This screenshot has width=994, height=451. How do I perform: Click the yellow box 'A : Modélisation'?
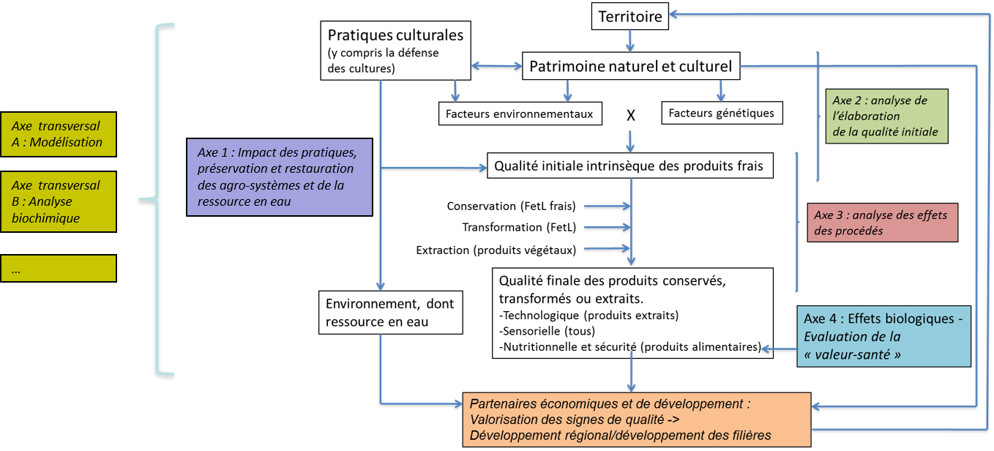(x=59, y=134)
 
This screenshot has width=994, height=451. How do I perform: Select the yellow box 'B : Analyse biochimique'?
(x=59, y=201)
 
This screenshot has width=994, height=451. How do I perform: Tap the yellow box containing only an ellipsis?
(x=59, y=269)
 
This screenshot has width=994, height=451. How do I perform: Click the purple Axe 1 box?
(x=280, y=176)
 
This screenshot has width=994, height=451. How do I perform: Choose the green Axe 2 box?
(x=889, y=116)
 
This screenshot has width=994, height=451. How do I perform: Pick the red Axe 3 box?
(x=883, y=222)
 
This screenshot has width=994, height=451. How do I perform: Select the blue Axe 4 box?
(x=883, y=337)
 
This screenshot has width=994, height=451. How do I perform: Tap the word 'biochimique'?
(x=46, y=218)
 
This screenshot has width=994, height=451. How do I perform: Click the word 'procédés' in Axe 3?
(x=859, y=231)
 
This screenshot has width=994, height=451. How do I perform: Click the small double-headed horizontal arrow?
(x=496, y=67)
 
